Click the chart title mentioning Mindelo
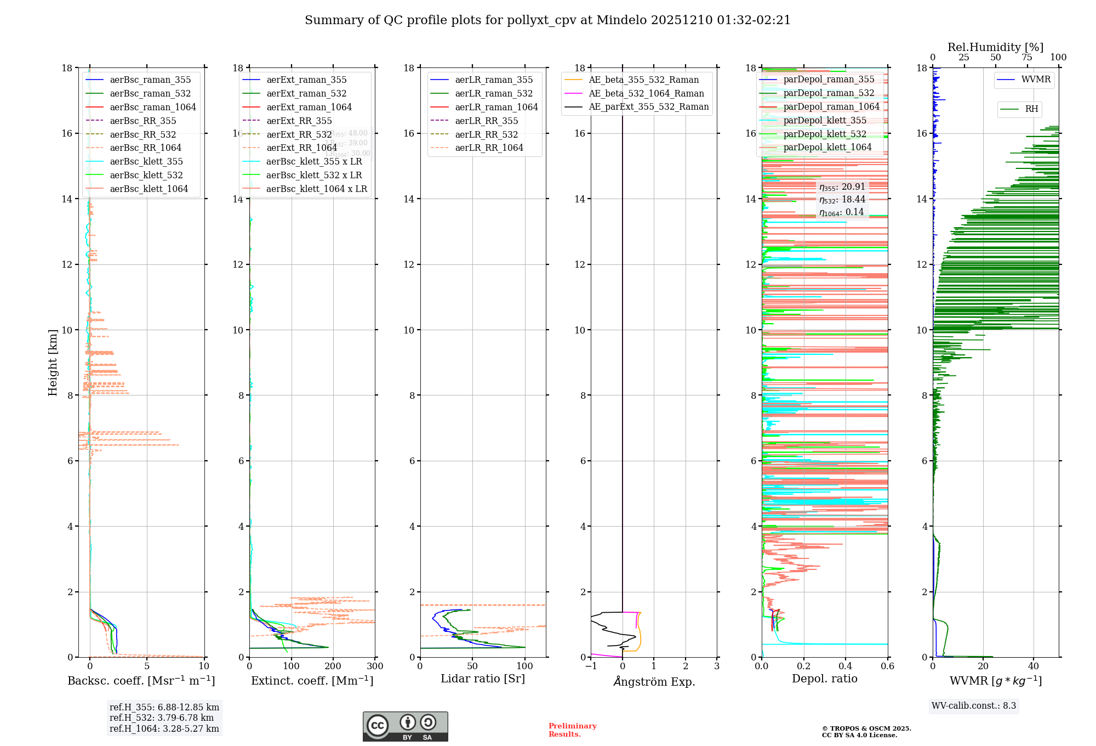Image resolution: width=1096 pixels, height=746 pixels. click(547, 20)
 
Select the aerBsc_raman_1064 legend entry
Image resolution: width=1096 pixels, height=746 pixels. click(152, 107)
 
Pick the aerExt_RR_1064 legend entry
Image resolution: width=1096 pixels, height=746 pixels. click(301, 148)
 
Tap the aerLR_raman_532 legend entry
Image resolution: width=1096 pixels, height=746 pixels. click(494, 93)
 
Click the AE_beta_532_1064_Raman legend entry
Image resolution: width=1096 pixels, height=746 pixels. click(646, 93)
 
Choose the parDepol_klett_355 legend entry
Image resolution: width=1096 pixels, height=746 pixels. click(825, 120)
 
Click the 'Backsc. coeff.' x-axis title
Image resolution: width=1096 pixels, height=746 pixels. click(141, 681)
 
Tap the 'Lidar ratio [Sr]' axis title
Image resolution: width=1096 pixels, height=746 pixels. click(483, 679)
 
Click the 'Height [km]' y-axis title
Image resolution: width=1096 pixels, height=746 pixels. click(53, 363)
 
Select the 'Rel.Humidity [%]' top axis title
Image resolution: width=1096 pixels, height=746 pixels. click(996, 47)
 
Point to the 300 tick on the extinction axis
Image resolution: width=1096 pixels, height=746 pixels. click(375, 666)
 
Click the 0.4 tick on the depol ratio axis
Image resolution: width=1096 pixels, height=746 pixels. click(846, 666)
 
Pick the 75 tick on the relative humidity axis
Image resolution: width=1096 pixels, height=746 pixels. click(1027, 58)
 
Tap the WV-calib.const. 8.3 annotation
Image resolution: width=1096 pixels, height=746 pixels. click(974, 706)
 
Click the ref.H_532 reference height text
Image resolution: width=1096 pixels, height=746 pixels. click(162, 718)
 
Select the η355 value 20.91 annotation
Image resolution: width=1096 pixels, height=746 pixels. click(842, 187)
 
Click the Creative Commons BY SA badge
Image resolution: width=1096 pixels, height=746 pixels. click(406, 727)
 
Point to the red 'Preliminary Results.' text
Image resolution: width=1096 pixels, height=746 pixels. click(573, 730)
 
